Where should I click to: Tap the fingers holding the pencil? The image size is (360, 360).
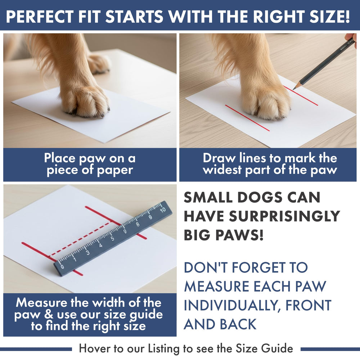(x=350, y=37)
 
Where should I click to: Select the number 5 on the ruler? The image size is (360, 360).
(x=112, y=238)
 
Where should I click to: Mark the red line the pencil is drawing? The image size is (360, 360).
(x=301, y=95)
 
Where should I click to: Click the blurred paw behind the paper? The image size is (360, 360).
(x=98, y=63)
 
